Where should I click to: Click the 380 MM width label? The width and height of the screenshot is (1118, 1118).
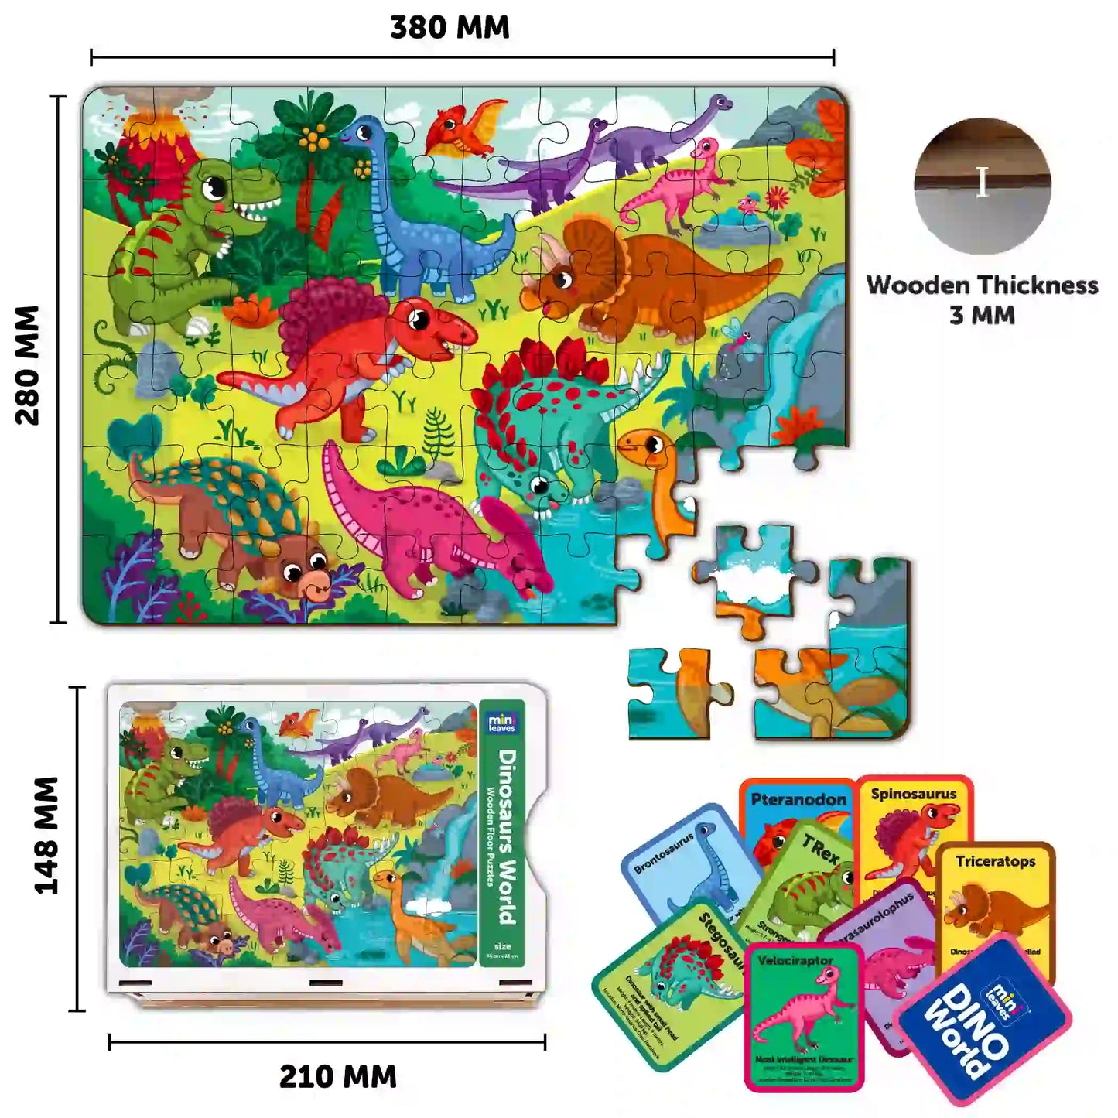pyautogui.click(x=450, y=28)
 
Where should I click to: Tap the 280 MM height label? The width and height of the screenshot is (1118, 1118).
pyautogui.click(x=28, y=364)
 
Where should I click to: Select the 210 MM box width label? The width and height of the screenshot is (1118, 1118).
pyautogui.click(x=337, y=1076)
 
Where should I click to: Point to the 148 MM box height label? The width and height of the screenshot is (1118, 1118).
pyautogui.click(x=47, y=836)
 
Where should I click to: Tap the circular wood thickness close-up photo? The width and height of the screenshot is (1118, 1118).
pyautogui.click(x=982, y=185)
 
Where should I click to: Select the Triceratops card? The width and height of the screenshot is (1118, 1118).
pyautogui.click(x=997, y=897)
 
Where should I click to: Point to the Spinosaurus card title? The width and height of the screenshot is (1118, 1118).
pyautogui.click(x=914, y=794)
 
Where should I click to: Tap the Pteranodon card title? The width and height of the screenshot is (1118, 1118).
pyautogui.click(x=798, y=799)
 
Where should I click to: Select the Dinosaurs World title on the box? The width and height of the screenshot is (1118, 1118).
pyautogui.click(x=507, y=836)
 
